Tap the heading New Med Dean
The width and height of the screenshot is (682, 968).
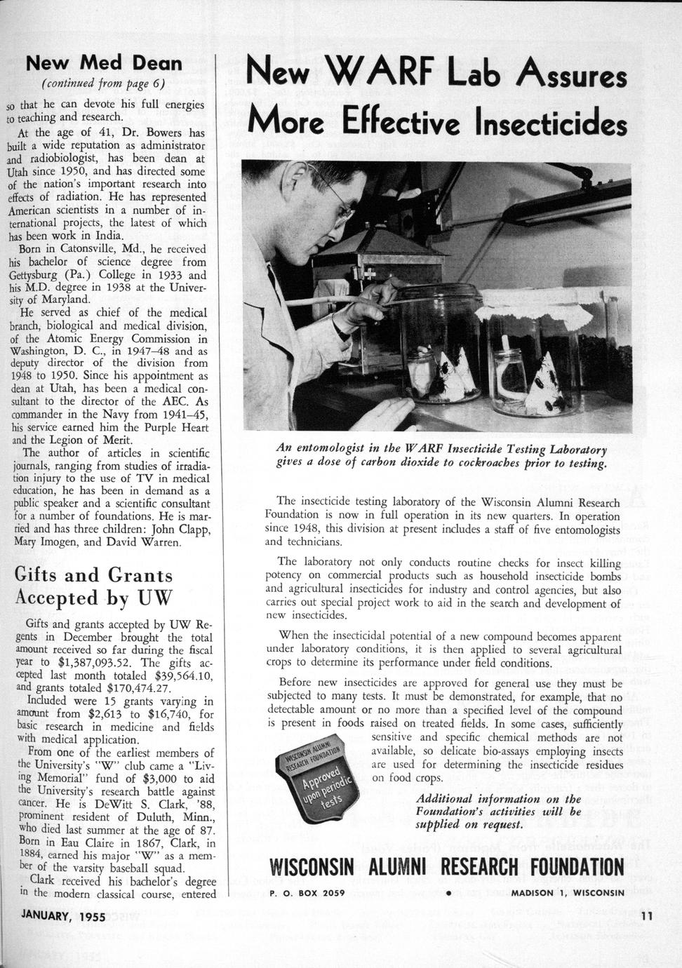pos(104,64)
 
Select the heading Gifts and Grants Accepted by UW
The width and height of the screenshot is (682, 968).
pos(93,586)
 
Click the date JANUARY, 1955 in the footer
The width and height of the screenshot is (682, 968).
pos(63,915)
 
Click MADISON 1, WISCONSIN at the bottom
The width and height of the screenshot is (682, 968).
pos(567,893)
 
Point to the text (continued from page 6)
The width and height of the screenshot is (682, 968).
pos(103,84)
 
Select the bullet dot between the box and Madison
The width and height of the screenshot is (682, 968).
pos(446,893)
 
